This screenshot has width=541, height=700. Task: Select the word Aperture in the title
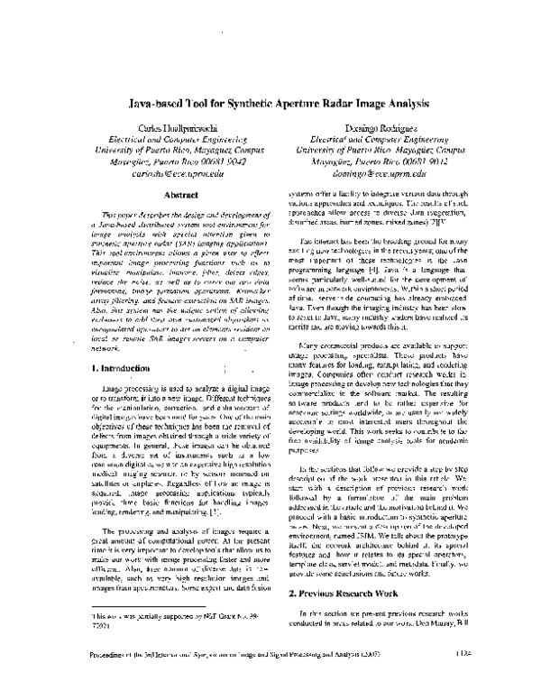pos(275,104)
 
